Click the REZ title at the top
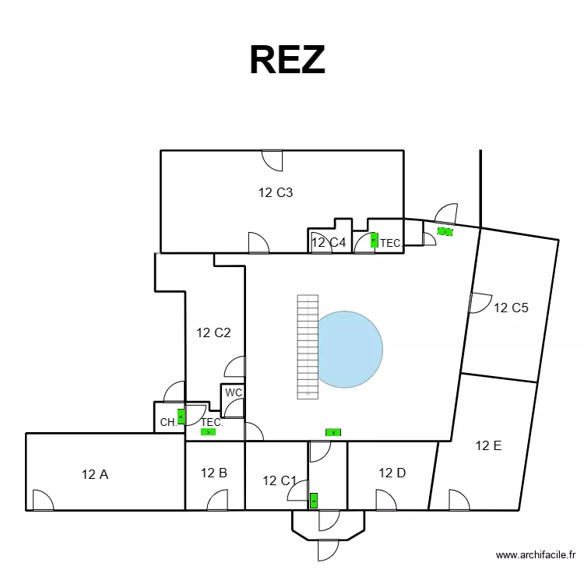tap(287, 59)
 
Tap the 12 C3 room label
tap(276, 192)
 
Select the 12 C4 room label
tap(328, 242)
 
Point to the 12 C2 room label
tap(213, 332)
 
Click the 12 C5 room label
tap(512, 308)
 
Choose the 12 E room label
tap(488, 445)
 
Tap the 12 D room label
tap(392, 472)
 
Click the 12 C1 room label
tap(280, 480)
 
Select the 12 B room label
tap(213, 472)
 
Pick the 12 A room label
tap(95, 473)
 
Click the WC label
tap(234, 392)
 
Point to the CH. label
tap(167, 423)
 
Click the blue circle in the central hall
tap(350, 349)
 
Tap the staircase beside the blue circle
tap(308, 345)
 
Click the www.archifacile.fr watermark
tap(535, 555)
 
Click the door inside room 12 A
tap(43, 501)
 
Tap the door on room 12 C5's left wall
tap(479, 302)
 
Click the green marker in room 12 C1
tap(314, 501)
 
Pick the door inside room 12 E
tap(459, 501)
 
